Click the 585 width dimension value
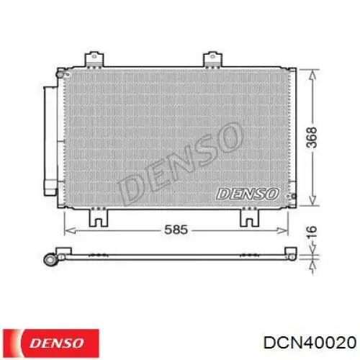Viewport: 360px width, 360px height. [x=176, y=230]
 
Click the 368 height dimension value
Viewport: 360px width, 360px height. [x=312, y=137]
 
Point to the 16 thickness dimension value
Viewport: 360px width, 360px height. [x=312, y=232]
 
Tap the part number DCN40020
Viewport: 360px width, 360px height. [x=310, y=342]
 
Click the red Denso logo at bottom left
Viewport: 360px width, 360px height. [x=51, y=343]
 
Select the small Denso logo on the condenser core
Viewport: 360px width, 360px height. [x=248, y=194]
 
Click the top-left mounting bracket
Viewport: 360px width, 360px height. [x=94, y=59]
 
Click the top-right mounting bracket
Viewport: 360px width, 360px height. [x=212, y=59]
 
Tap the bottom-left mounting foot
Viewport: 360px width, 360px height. [x=99, y=217]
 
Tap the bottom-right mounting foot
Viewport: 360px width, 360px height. [x=250, y=217]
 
